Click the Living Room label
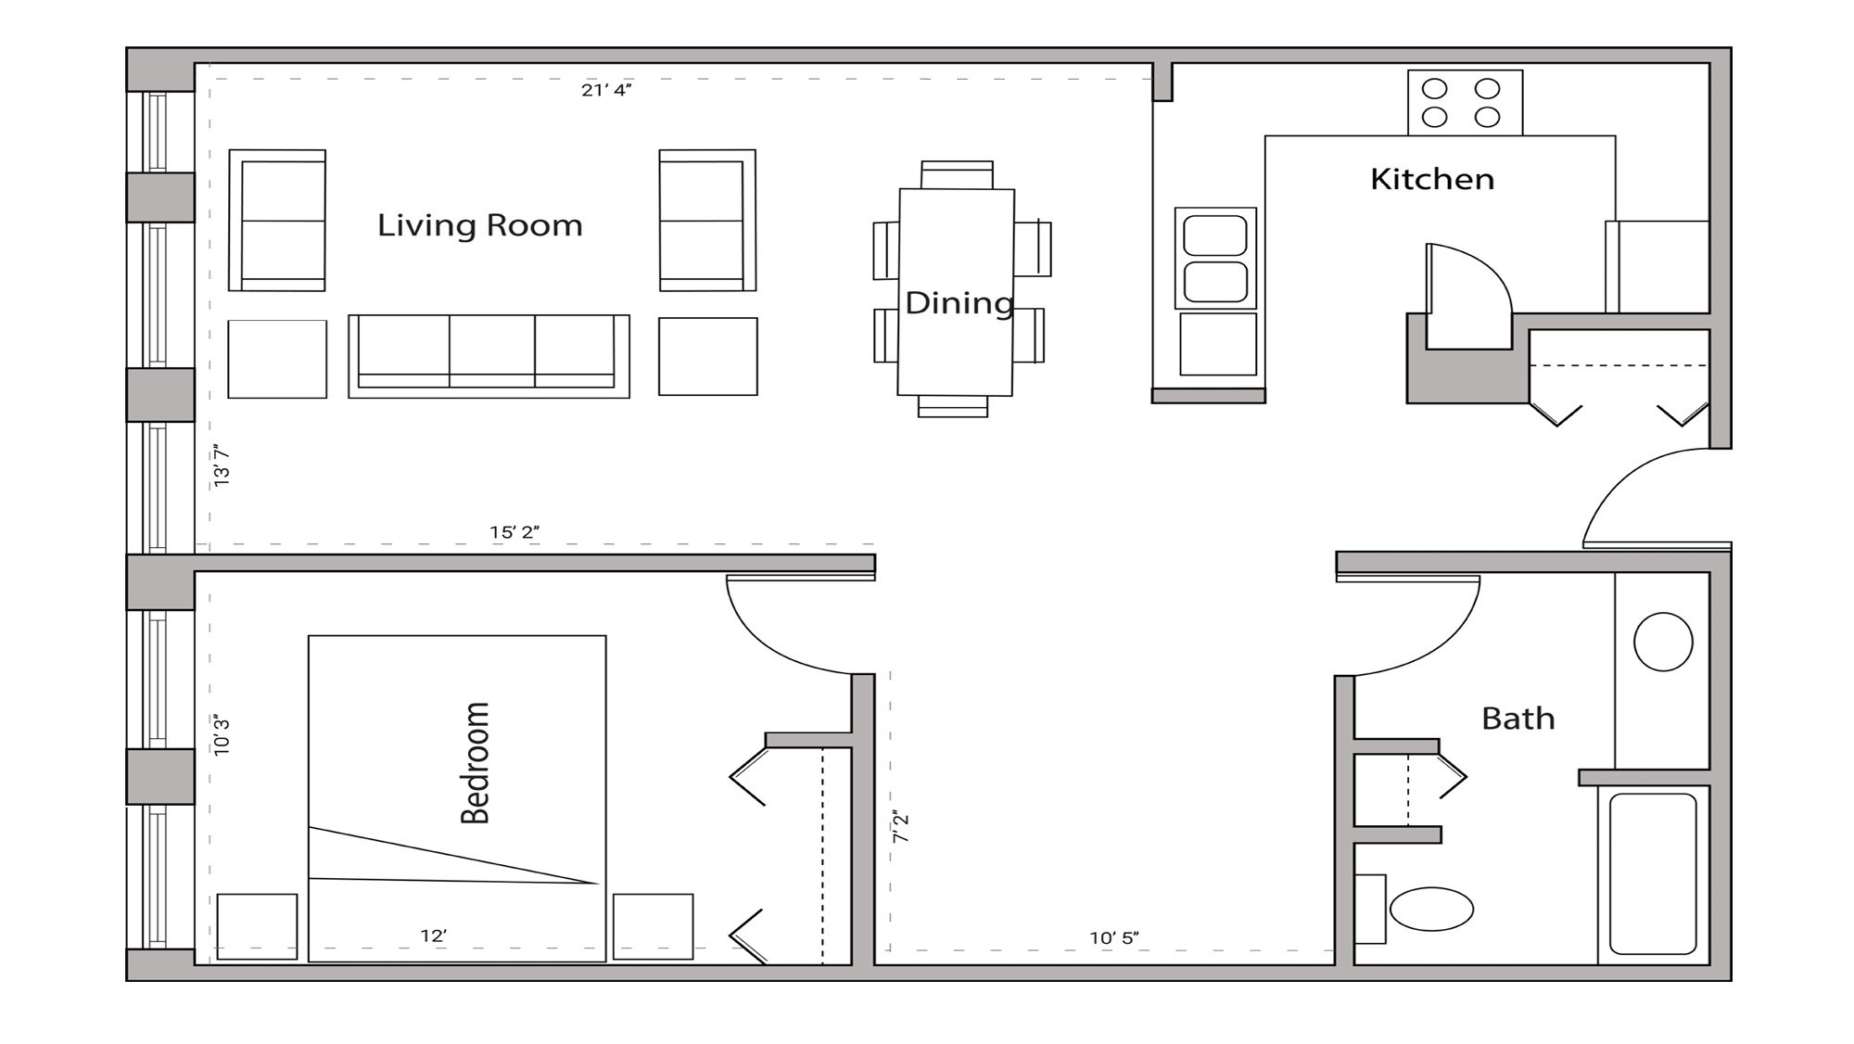(479, 225)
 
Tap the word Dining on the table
(959, 303)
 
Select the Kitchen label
(1431, 179)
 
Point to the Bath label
(1517, 719)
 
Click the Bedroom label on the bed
(476, 762)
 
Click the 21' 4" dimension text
(606, 90)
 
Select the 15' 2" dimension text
(514, 532)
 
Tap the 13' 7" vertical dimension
(222, 465)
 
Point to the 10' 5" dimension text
(1113, 938)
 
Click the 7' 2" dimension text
(900, 826)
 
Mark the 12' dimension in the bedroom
(433, 936)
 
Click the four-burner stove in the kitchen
(1464, 103)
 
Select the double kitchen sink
(1215, 258)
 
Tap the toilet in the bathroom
(1430, 909)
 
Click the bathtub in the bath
(1653, 873)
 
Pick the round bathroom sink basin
(1663, 642)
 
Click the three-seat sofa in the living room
(489, 355)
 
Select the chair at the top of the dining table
(957, 175)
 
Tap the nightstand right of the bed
(653, 925)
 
